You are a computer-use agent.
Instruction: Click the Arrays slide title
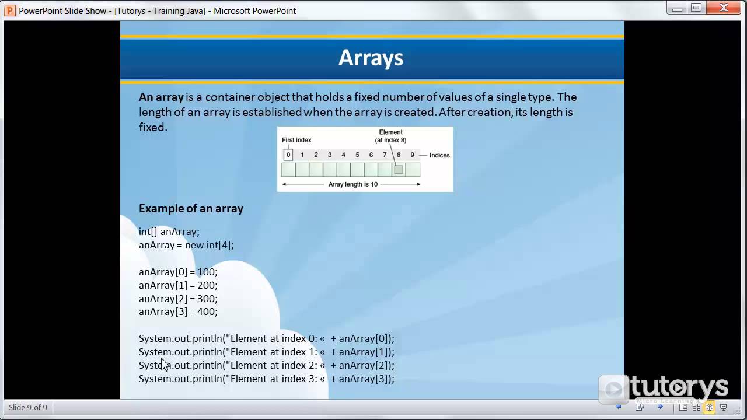click(371, 58)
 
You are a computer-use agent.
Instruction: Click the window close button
click(724, 8)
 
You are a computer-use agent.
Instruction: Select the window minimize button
click(677, 8)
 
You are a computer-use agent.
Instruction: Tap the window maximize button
click(696, 8)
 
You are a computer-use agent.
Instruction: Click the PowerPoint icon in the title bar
click(10, 10)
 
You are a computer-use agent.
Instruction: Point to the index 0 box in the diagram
click(288, 155)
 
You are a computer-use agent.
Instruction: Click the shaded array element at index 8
click(398, 170)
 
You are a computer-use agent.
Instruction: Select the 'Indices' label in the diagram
click(439, 155)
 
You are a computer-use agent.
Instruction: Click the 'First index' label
click(296, 140)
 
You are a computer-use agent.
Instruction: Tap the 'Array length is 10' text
click(352, 184)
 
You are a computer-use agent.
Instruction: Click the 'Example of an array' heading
click(191, 208)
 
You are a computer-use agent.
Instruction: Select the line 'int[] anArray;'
click(169, 232)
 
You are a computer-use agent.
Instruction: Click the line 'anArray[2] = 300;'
click(178, 299)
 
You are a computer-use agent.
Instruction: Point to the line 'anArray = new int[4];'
click(186, 245)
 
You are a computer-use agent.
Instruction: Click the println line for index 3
click(266, 379)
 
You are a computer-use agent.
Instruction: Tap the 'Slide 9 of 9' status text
click(28, 407)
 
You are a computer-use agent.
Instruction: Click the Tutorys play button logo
click(613, 388)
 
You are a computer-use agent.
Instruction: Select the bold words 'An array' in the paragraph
click(161, 97)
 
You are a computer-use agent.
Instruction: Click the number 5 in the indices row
click(357, 155)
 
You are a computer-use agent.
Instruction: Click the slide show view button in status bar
click(723, 407)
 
